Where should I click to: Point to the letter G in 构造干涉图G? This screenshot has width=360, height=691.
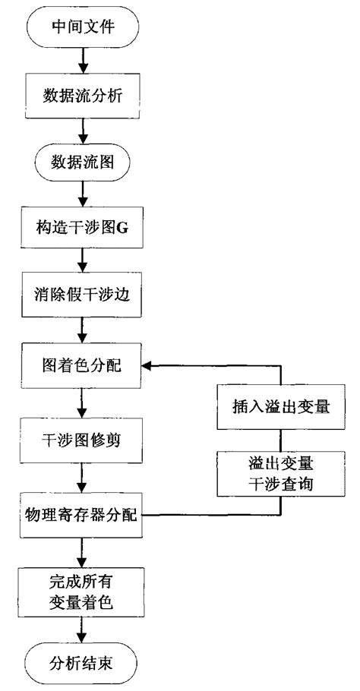click(123, 226)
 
